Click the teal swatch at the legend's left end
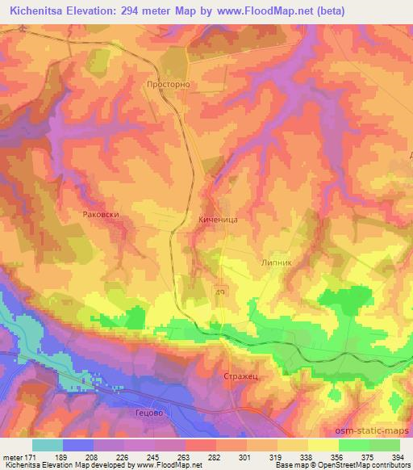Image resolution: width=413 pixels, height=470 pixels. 47,444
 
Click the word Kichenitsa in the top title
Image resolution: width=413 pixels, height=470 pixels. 41,10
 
